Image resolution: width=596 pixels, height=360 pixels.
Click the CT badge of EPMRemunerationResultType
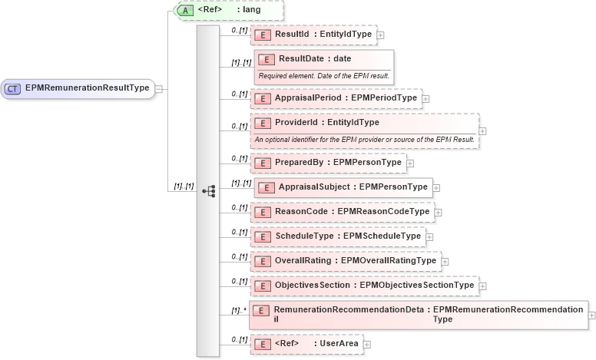tap(13, 88)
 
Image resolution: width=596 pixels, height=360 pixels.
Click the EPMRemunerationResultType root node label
tap(87, 88)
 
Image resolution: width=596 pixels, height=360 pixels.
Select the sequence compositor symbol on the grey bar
tap(207, 191)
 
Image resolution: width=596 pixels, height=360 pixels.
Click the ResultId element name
tap(293, 35)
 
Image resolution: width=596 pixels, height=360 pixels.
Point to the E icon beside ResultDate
tap(266, 59)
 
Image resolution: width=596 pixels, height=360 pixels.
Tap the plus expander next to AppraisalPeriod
tap(425, 98)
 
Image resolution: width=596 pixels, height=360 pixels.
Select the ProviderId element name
tap(295, 122)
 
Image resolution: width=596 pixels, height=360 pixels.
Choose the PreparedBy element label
tap(299, 162)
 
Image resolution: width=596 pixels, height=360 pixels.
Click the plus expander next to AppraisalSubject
tap(436, 187)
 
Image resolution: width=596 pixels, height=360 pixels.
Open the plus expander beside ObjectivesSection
tap(482, 286)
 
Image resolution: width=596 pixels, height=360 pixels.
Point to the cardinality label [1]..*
tap(238, 310)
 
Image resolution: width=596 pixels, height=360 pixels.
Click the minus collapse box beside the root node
tap(158, 88)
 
